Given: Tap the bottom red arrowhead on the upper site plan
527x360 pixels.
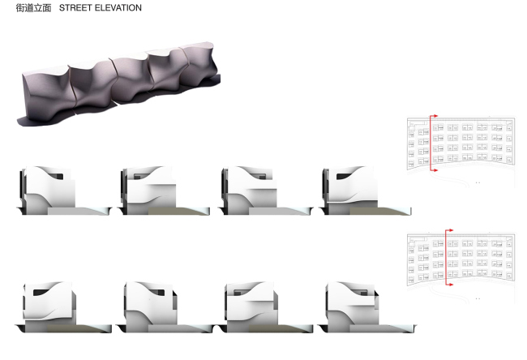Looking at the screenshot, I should [x=435, y=172].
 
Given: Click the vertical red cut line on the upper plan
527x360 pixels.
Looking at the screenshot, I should [x=430, y=144].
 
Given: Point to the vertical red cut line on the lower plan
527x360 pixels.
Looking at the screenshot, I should [x=444, y=259].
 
